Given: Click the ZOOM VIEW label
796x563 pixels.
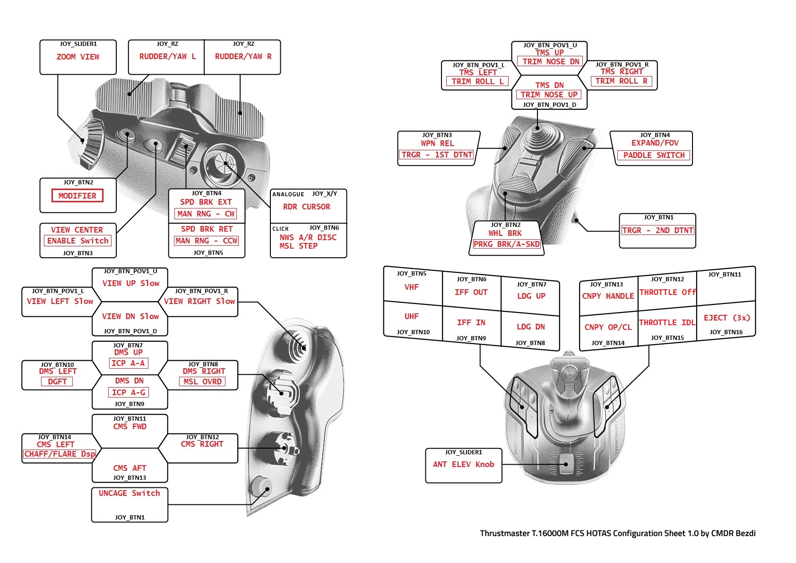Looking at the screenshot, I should click(x=78, y=57).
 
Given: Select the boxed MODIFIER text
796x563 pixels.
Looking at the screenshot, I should click(x=78, y=196).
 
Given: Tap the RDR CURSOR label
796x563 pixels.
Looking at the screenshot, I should click(x=306, y=207).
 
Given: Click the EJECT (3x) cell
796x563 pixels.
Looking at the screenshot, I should click(x=727, y=318).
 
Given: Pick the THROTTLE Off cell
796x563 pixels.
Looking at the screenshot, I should click(x=667, y=293).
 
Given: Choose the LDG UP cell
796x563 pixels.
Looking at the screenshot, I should click(x=531, y=296).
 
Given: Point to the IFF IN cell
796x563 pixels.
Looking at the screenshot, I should click(x=471, y=322).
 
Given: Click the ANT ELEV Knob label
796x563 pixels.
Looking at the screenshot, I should click(x=463, y=464).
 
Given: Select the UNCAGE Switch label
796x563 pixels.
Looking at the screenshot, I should click(x=129, y=493).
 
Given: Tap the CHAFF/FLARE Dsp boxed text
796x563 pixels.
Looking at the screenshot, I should click(x=60, y=454).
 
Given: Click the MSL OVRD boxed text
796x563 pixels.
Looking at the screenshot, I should click(x=202, y=381).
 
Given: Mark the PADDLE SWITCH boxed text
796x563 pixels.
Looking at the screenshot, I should click(x=654, y=155).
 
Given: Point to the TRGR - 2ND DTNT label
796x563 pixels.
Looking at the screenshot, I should click(x=658, y=230).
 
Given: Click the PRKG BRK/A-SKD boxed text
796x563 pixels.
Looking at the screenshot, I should click(x=507, y=244).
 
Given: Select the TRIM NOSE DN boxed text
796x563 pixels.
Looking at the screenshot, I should click(x=551, y=61).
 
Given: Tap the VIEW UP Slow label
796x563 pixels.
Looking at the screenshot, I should click(x=130, y=283).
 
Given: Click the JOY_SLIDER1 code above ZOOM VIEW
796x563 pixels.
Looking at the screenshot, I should click(x=78, y=44).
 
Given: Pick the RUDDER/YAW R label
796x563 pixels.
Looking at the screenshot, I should click(x=243, y=57).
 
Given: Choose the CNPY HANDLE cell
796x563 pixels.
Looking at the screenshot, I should click(x=608, y=296).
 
